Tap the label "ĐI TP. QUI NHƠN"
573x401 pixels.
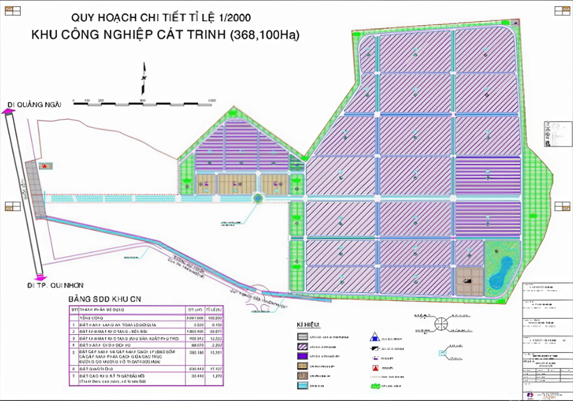tap(55, 284)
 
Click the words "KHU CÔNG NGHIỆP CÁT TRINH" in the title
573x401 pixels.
tap(128, 35)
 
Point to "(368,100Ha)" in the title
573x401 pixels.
tap(265, 35)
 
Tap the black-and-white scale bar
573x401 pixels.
tap(144, 102)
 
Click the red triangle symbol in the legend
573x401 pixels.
tap(374, 366)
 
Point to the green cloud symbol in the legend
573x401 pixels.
tap(376, 385)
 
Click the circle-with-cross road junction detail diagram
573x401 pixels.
tap(441, 323)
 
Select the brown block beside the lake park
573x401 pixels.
tap(469, 281)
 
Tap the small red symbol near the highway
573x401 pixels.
tap(43, 166)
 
